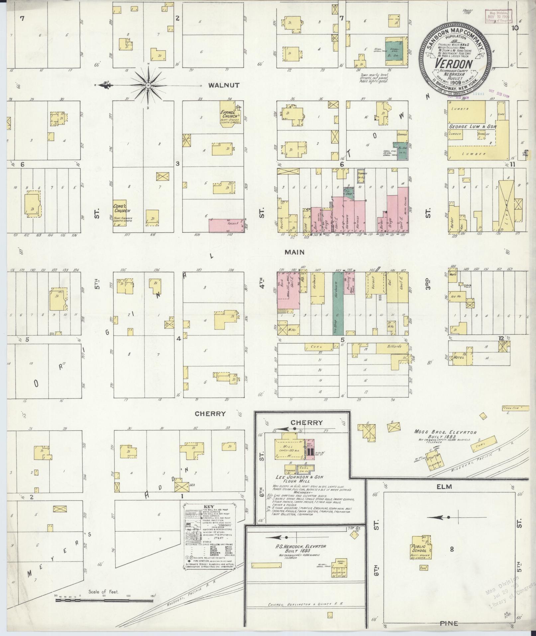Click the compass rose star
pyautogui.click(x=148, y=85)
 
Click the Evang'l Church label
pyautogui.click(x=229, y=114)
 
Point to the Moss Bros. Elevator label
pyautogui.click(x=445, y=433)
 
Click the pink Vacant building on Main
pyautogui.click(x=226, y=225)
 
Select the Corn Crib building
pyautogui.click(x=515, y=408)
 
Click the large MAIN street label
pyautogui.click(x=294, y=252)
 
